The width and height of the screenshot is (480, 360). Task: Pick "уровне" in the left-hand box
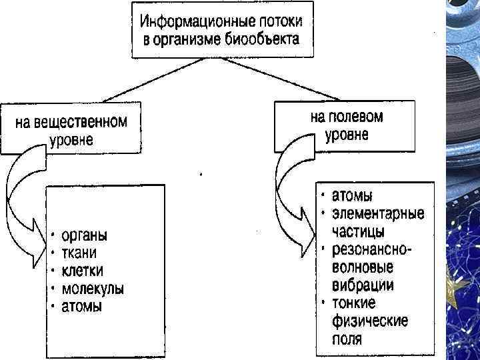[x=71, y=141]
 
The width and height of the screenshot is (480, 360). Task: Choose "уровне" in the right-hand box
[x=347, y=135]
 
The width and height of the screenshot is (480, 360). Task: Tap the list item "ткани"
[x=79, y=253]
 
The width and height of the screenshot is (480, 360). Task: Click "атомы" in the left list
[x=82, y=307]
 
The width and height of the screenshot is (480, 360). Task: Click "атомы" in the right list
[x=353, y=197]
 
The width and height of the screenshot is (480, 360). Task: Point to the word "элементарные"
[x=378, y=215]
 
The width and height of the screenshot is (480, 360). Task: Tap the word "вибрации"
[x=363, y=285]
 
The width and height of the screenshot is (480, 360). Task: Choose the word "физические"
[x=369, y=321]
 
